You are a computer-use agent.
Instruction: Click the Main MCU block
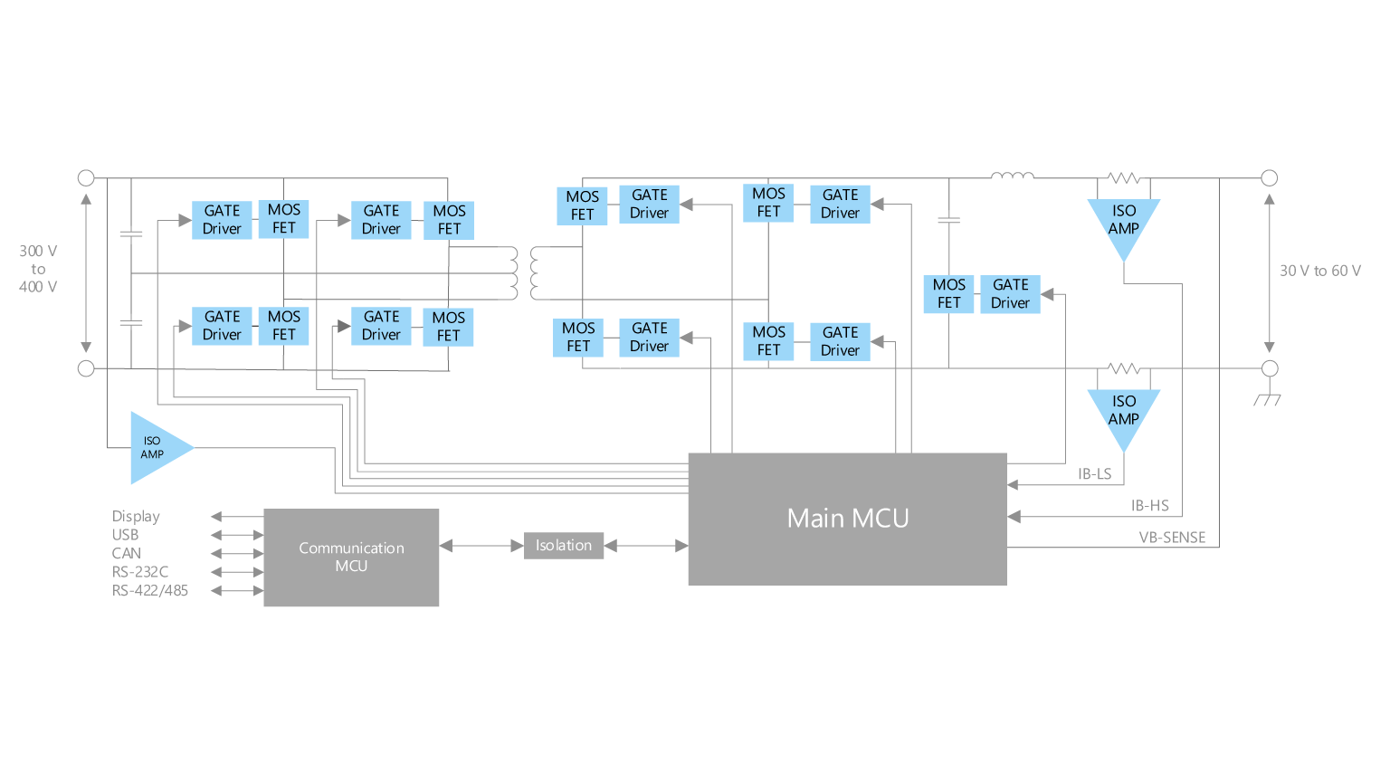pos(848,519)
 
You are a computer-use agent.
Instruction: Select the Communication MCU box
pos(351,558)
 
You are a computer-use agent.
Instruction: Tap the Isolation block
pos(564,546)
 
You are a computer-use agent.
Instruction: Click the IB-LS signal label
pos(1095,473)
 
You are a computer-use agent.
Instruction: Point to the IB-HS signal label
pos(1150,505)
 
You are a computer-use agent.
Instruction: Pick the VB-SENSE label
pos(1172,538)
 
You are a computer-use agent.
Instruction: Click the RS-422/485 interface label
pos(149,590)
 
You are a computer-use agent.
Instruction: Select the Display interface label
pos(136,517)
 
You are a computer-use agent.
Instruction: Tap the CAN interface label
pos(127,553)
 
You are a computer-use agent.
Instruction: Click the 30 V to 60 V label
pos(1320,271)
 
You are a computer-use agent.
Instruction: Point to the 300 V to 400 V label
pos(38,269)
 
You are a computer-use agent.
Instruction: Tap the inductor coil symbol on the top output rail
pos(1013,176)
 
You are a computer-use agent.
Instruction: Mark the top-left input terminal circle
pos(86,178)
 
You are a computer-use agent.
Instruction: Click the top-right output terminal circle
pos(1270,178)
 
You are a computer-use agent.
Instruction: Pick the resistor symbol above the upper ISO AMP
pos(1124,178)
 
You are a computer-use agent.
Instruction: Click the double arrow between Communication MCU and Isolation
pos(481,546)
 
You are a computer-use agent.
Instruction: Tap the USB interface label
pos(125,534)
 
